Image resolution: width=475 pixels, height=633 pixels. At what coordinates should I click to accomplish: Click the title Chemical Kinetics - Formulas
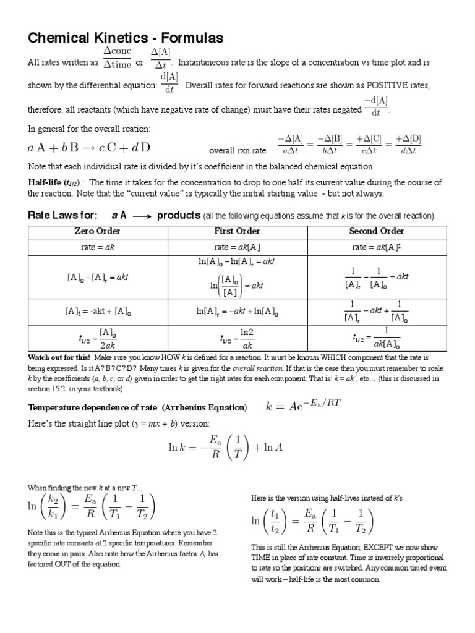(126, 38)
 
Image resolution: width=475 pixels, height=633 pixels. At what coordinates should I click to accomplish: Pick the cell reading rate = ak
(97, 247)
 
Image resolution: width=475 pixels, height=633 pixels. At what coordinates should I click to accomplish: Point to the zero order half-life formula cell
(97, 339)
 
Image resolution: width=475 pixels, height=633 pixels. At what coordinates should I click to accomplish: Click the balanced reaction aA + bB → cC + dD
(89, 148)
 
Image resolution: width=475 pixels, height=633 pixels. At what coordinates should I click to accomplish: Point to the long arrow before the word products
(142, 216)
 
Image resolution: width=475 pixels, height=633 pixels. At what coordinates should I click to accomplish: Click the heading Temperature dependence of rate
(137, 407)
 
